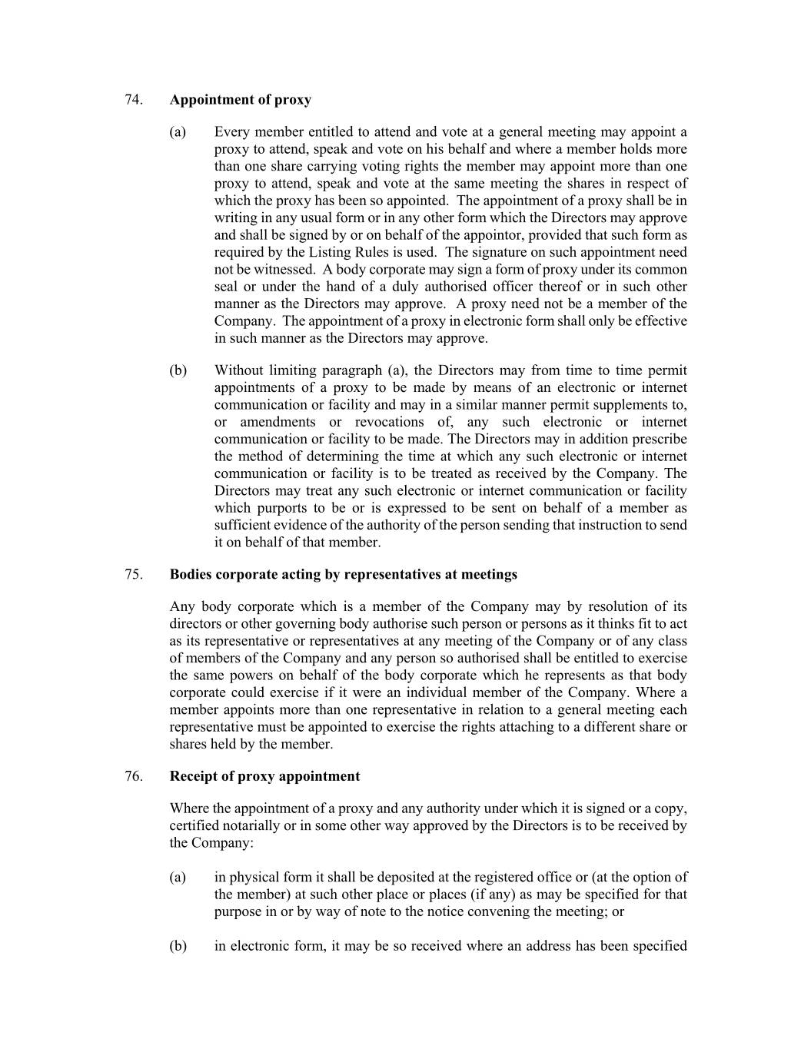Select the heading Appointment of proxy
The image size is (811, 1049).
pyautogui.click(x=240, y=100)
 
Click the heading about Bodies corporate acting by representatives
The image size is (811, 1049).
pyautogui.click(x=343, y=575)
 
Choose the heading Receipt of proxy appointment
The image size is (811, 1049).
pyautogui.click(x=264, y=776)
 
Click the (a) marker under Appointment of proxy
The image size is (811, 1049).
pyautogui.click(x=178, y=132)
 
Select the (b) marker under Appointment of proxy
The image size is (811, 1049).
pyautogui.click(x=178, y=370)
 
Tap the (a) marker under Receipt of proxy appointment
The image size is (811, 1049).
pyautogui.click(x=178, y=878)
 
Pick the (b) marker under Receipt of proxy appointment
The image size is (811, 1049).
pyautogui.click(x=178, y=946)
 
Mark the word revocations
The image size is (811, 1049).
pyautogui.click(x=389, y=422)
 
